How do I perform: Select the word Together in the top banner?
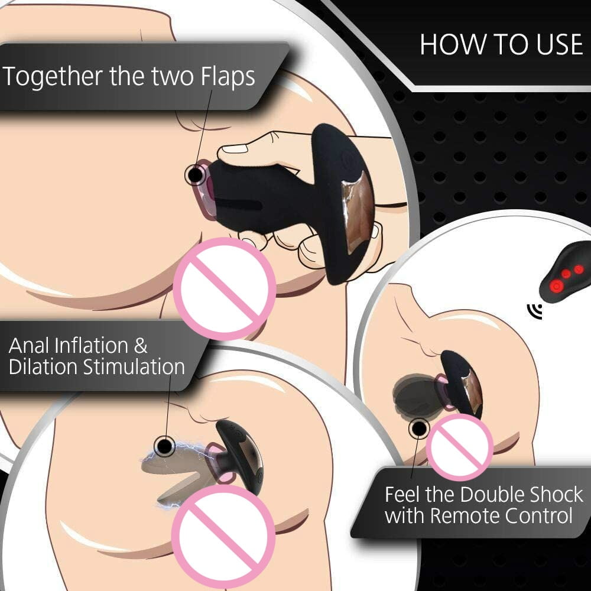[x=53, y=76]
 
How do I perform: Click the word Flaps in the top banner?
[x=228, y=76]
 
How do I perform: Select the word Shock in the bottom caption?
[x=557, y=495]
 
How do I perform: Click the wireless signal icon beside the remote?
[x=535, y=311]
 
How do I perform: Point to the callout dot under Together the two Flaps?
[x=195, y=175]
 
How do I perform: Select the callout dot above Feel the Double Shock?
[x=419, y=428]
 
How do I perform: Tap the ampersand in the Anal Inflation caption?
[x=140, y=346]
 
